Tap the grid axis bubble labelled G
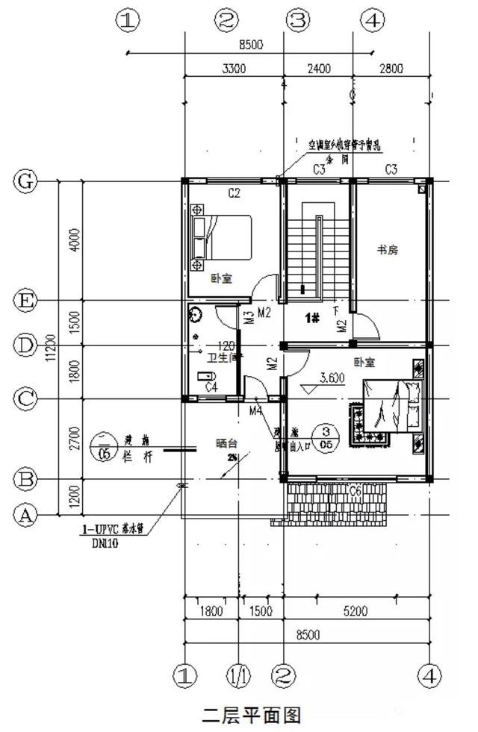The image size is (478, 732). (x=26, y=181)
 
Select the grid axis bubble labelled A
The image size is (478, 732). (x=26, y=514)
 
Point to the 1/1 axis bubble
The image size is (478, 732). (x=239, y=676)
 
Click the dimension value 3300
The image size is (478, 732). (x=234, y=69)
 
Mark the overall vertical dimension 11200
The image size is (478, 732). (x=50, y=348)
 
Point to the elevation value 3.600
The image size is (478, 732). (x=331, y=378)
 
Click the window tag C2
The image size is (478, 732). (x=234, y=193)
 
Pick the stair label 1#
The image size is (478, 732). (x=312, y=318)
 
